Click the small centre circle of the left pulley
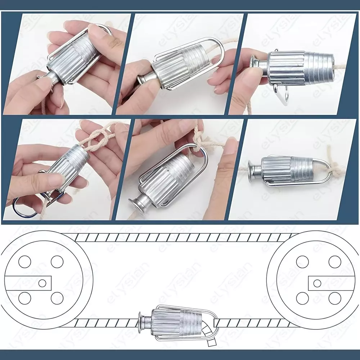(42, 283)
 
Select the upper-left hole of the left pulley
(24, 262)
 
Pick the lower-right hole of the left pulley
(57, 298)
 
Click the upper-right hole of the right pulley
(335, 262)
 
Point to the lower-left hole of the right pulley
(302, 298)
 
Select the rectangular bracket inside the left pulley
(28, 283)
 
